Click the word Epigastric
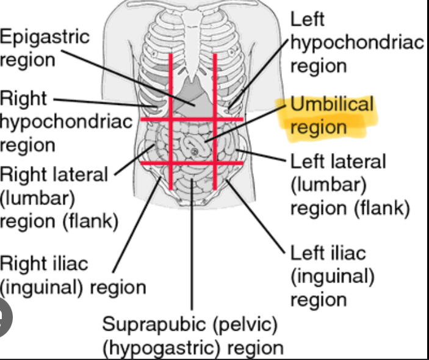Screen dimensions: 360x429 tap(44, 37)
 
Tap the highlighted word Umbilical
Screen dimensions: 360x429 tap(331, 104)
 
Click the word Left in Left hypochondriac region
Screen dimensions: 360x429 tap(307, 19)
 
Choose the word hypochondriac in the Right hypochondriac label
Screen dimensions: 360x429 tap(66, 121)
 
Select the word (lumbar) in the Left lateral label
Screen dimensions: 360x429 tap(328, 185)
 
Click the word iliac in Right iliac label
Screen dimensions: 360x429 tap(70, 264)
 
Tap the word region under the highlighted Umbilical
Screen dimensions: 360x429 tap(318, 127)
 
